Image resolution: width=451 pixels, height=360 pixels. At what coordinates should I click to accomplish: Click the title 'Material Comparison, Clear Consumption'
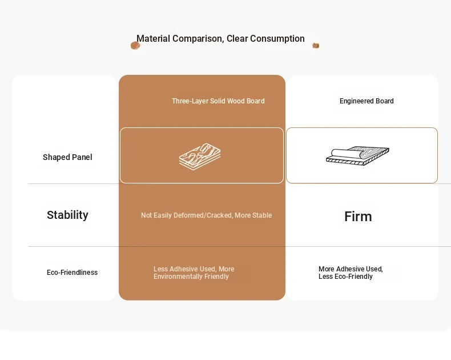pyautogui.click(x=220, y=39)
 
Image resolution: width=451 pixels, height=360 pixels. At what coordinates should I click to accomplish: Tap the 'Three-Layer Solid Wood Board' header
pyautogui.click(x=218, y=101)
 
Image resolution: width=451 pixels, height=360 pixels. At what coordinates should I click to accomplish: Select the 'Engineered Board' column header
pyautogui.click(x=367, y=101)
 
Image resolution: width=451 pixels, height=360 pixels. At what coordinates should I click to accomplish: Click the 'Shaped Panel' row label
pyautogui.click(x=67, y=157)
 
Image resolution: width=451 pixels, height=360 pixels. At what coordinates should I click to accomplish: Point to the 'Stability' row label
pyautogui.click(x=67, y=215)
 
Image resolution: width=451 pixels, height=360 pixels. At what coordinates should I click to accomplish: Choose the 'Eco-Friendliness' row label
pyautogui.click(x=72, y=273)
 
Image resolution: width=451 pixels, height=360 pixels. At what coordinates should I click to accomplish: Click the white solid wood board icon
pyautogui.click(x=200, y=157)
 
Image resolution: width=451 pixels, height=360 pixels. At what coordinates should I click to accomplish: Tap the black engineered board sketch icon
pyautogui.click(x=358, y=155)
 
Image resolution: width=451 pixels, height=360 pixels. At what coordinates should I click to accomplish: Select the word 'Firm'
pyautogui.click(x=358, y=217)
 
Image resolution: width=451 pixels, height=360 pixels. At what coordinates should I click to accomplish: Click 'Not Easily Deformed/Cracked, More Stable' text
pyautogui.click(x=206, y=215)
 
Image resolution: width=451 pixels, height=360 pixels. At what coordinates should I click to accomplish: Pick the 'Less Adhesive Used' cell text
pyautogui.click(x=194, y=269)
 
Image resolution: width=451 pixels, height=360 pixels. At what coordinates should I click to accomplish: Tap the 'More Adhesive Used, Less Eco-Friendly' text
pyautogui.click(x=351, y=273)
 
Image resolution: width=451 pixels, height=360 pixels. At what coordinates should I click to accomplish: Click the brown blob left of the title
pyautogui.click(x=135, y=46)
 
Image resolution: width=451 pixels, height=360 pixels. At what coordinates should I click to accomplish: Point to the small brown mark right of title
pyautogui.click(x=316, y=46)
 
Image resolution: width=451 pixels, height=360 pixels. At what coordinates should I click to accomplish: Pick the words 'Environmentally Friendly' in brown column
pyautogui.click(x=191, y=277)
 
